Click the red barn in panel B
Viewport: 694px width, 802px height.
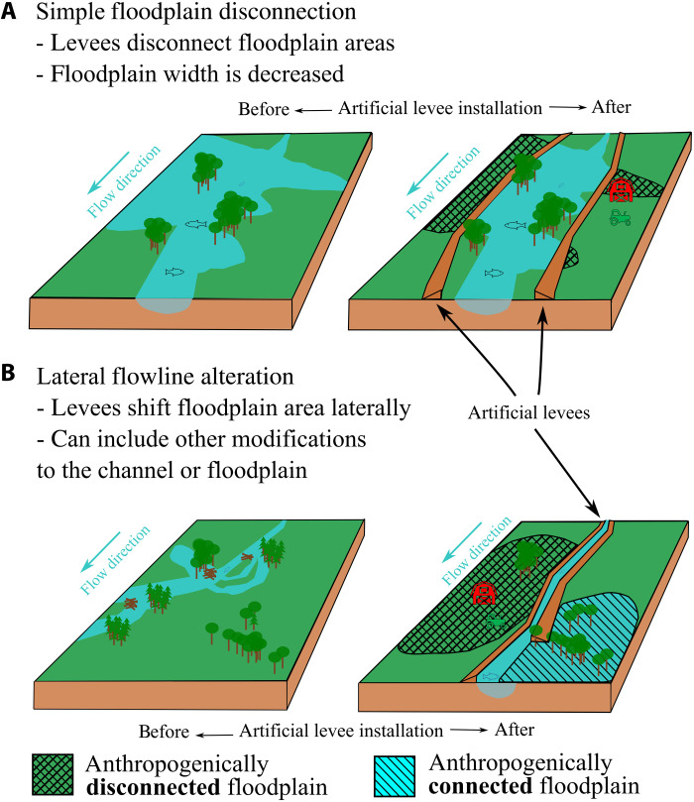tap(485, 593)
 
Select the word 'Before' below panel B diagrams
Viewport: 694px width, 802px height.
tap(165, 733)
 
